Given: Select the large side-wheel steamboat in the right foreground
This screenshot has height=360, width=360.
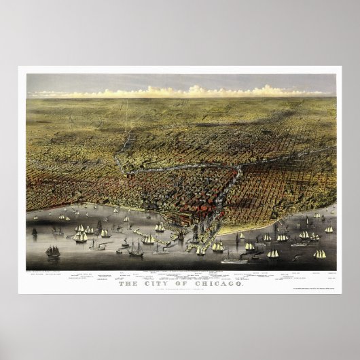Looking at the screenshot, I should [x=234, y=258].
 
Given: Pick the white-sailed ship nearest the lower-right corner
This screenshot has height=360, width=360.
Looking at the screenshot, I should [x=319, y=254].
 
